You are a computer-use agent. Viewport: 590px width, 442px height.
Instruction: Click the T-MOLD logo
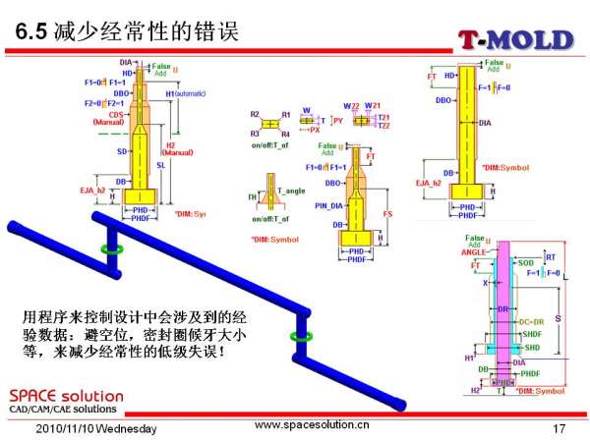tap(514, 39)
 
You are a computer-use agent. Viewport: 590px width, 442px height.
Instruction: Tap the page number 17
tap(560, 428)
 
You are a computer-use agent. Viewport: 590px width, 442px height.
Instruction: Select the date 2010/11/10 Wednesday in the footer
tap(96, 429)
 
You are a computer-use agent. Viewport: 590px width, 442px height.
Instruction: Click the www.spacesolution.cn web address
tap(313, 426)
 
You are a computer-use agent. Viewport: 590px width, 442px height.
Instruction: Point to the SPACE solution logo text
tap(66, 394)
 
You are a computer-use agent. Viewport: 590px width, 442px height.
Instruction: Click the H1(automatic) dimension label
tap(185, 93)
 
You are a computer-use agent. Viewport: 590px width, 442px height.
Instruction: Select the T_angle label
tap(290, 189)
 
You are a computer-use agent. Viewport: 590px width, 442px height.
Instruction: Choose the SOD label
tap(525, 263)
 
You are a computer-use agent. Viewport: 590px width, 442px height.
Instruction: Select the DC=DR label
tap(532, 321)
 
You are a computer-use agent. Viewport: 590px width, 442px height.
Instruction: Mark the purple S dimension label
tap(558, 320)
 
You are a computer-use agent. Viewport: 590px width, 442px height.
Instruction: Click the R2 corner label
tap(255, 115)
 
